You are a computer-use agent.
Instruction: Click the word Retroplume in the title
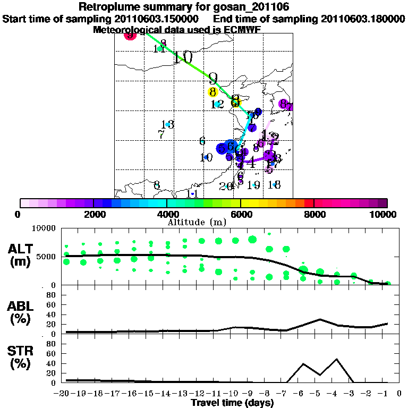pyautogui.click(x=109, y=7)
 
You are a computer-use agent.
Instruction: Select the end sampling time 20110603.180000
pyautogui.click(x=363, y=19)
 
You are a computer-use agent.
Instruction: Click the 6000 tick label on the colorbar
pyautogui.click(x=241, y=215)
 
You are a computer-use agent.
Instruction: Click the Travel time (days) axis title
pyautogui.click(x=232, y=403)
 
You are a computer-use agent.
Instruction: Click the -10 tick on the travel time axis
pyautogui.click(x=232, y=394)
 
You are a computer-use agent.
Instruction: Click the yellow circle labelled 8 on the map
pyautogui.click(x=212, y=92)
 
